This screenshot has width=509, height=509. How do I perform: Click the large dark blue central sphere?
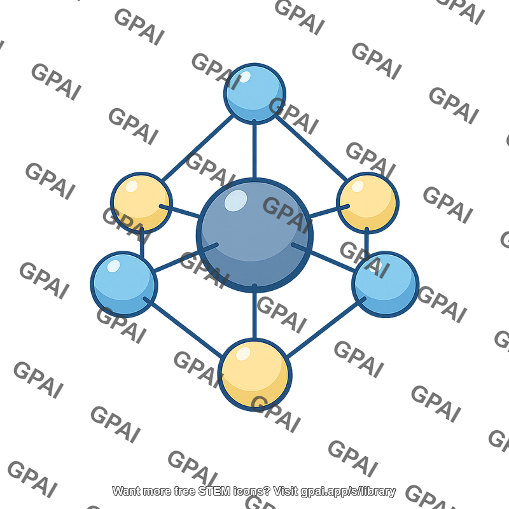tap(254, 235)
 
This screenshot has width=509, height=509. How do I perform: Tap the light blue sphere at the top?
tap(254, 94)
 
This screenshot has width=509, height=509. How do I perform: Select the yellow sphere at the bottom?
tap(255, 375)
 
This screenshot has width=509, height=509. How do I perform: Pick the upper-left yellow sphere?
tap(141, 203)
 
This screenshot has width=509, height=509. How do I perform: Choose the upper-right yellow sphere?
tap(368, 203)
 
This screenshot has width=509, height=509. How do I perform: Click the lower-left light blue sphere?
tap(124, 284)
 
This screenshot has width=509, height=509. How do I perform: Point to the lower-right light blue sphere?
tap(386, 284)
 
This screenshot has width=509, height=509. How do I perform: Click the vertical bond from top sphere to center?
tap(254, 150)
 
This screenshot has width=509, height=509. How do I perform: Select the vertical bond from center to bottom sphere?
tap(254, 312)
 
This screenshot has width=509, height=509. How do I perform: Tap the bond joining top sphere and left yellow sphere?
tap(197, 148)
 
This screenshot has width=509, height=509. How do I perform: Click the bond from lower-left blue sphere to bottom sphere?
tap(183, 327)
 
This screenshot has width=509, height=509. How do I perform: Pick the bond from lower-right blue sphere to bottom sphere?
tap(326, 328)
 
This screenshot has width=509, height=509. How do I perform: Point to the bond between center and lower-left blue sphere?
tap(186, 257)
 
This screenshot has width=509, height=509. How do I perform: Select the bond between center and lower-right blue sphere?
tap(323, 257)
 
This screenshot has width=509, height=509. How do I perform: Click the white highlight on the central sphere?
tap(235, 200)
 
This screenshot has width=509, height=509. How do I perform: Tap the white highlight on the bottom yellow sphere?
tap(243, 354)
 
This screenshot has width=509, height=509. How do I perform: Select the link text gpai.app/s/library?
tap(348, 491)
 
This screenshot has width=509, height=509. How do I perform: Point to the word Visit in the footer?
tap(286, 491)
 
